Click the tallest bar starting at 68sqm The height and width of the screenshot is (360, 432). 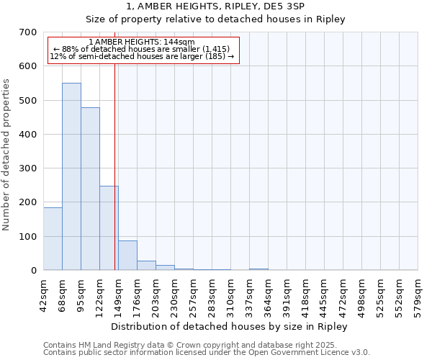click(x=71, y=176)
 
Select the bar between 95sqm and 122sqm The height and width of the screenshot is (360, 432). click(x=90, y=189)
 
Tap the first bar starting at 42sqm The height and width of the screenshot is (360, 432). click(x=53, y=238)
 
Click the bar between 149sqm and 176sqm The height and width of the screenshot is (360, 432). click(x=127, y=256)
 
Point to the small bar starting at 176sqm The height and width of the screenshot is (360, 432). click(x=146, y=266)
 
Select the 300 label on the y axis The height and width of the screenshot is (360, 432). click(x=27, y=168)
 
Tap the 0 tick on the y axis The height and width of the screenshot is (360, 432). click(x=33, y=271)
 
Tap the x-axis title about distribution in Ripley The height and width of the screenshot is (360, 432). click(x=230, y=326)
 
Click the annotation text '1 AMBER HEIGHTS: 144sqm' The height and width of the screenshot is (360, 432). click(x=143, y=42)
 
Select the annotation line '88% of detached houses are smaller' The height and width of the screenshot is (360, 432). click(x=142, y=49)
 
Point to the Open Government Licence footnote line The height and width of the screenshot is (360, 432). click(x=207, y=353)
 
